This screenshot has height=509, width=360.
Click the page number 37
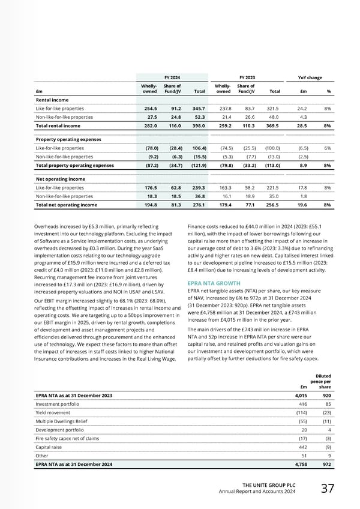327,488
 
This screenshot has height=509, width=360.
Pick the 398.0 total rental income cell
198,126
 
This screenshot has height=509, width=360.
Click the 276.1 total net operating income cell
198,205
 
